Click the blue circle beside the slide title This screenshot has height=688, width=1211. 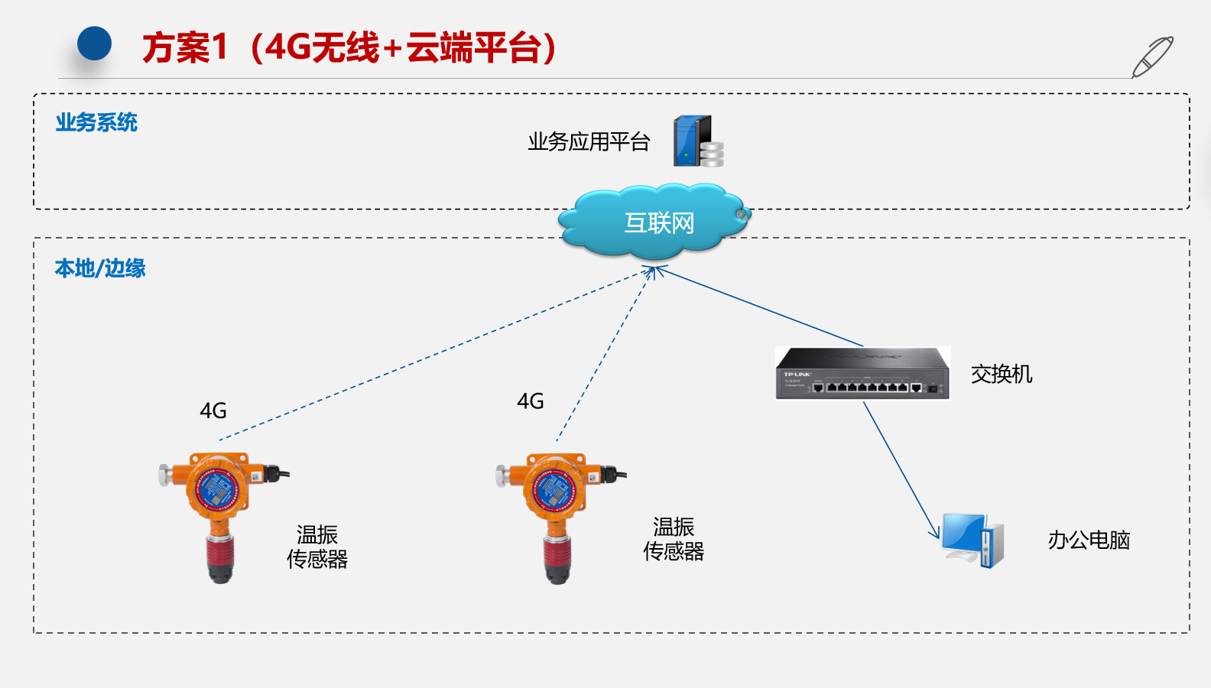coord(95,44)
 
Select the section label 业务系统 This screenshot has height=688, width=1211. coord(96,122)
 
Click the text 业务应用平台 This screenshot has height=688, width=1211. coord(589,141)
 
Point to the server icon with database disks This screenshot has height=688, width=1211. coord(697,141)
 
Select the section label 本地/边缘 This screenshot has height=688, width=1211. coord(100,268)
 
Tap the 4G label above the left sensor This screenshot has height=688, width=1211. coord(213,411)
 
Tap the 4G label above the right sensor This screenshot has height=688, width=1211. coord(531,401)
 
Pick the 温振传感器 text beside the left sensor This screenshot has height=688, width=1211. coord(317,547)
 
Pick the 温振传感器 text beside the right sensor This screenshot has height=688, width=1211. coord(674,539)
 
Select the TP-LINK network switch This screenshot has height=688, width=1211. coord(862,373)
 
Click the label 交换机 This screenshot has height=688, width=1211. coord(1002,374)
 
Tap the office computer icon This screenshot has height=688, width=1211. coord(972,540)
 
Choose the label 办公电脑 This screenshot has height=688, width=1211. coord(1089,540)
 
